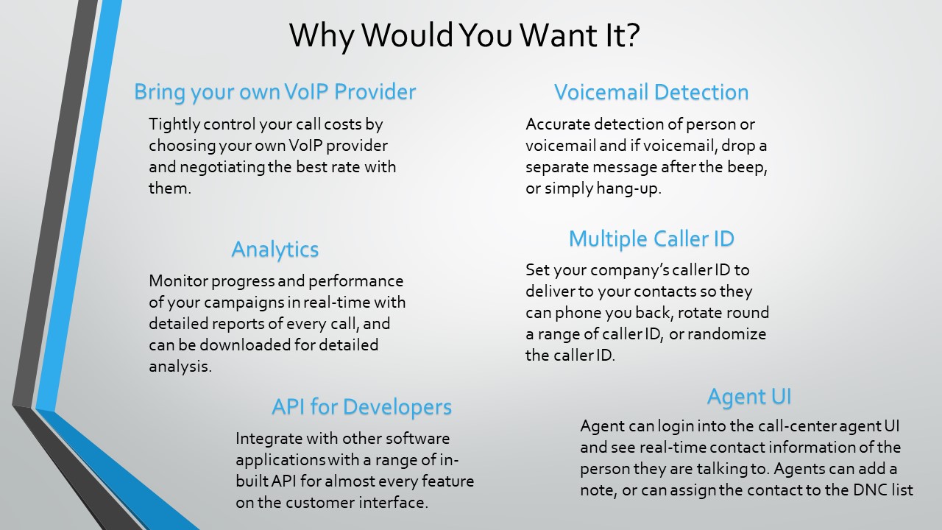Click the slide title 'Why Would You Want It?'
click(464, 35)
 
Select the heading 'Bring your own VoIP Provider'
click(275, 92)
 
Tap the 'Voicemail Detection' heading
click(651, 92)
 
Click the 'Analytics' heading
click(275, 250)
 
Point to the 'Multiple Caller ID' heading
click(651, 239)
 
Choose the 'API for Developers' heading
click(361, 407)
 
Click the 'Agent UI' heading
click(749, 397)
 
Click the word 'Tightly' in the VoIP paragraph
click(174, 125)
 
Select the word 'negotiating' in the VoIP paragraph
click(222, 167)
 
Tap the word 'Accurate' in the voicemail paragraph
click(558, 124)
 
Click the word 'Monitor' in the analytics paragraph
click(178, 281)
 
